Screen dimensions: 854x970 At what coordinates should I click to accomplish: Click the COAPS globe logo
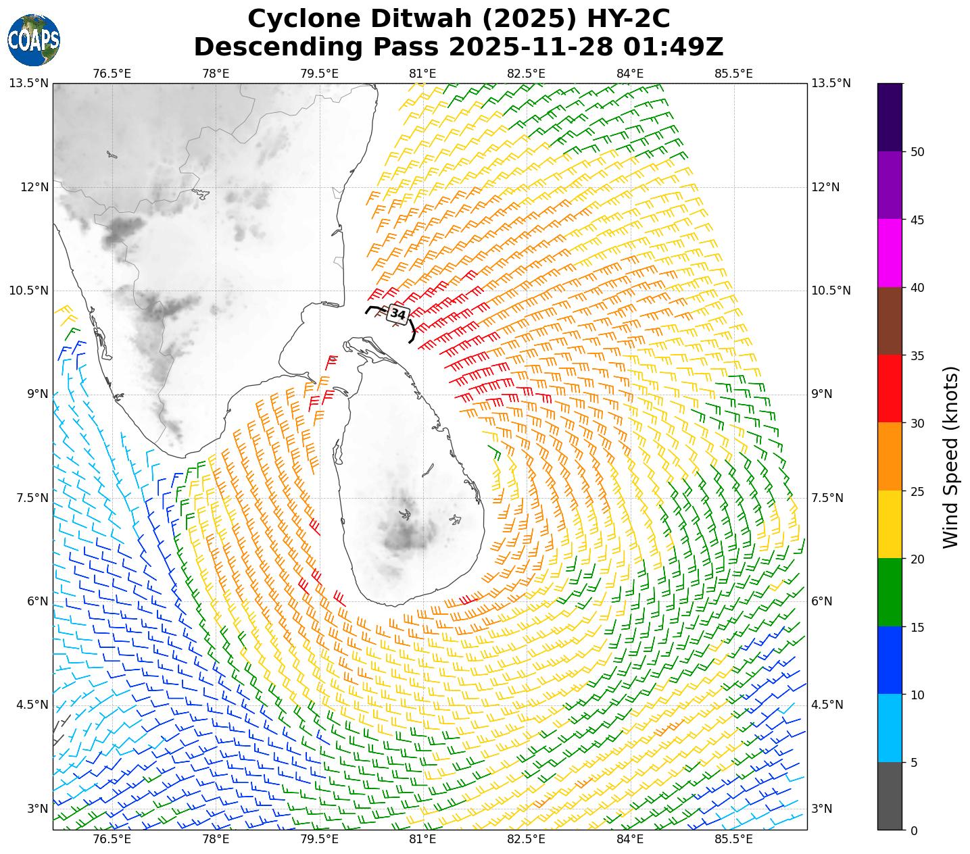[x=34, y=40]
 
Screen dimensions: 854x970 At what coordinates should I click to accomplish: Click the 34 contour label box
[x=398, y=314]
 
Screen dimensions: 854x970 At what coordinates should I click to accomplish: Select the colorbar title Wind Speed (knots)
[x=950, y=457]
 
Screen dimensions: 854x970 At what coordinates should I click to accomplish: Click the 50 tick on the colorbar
[x=917, y=152]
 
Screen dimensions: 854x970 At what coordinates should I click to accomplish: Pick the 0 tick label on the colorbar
[x=914, y=830]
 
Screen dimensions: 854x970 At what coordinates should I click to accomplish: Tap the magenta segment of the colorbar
[x=890, y=253]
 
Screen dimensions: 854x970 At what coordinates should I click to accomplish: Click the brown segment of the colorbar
[x=890, y=321]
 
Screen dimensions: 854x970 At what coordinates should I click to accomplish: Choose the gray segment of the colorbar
[x=890, y=796]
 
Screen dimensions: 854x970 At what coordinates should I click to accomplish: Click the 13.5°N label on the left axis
[x=28, y=83]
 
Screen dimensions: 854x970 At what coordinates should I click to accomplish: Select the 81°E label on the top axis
[x=422, y=73]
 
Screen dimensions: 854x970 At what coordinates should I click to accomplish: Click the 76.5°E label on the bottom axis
[x=112, y=839]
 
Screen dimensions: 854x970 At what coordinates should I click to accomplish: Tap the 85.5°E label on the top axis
[x=733, y=73]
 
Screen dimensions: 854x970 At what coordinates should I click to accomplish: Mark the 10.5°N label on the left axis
[x=28, y=291]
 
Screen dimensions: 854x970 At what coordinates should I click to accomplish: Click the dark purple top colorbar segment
[x=890, y=117]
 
